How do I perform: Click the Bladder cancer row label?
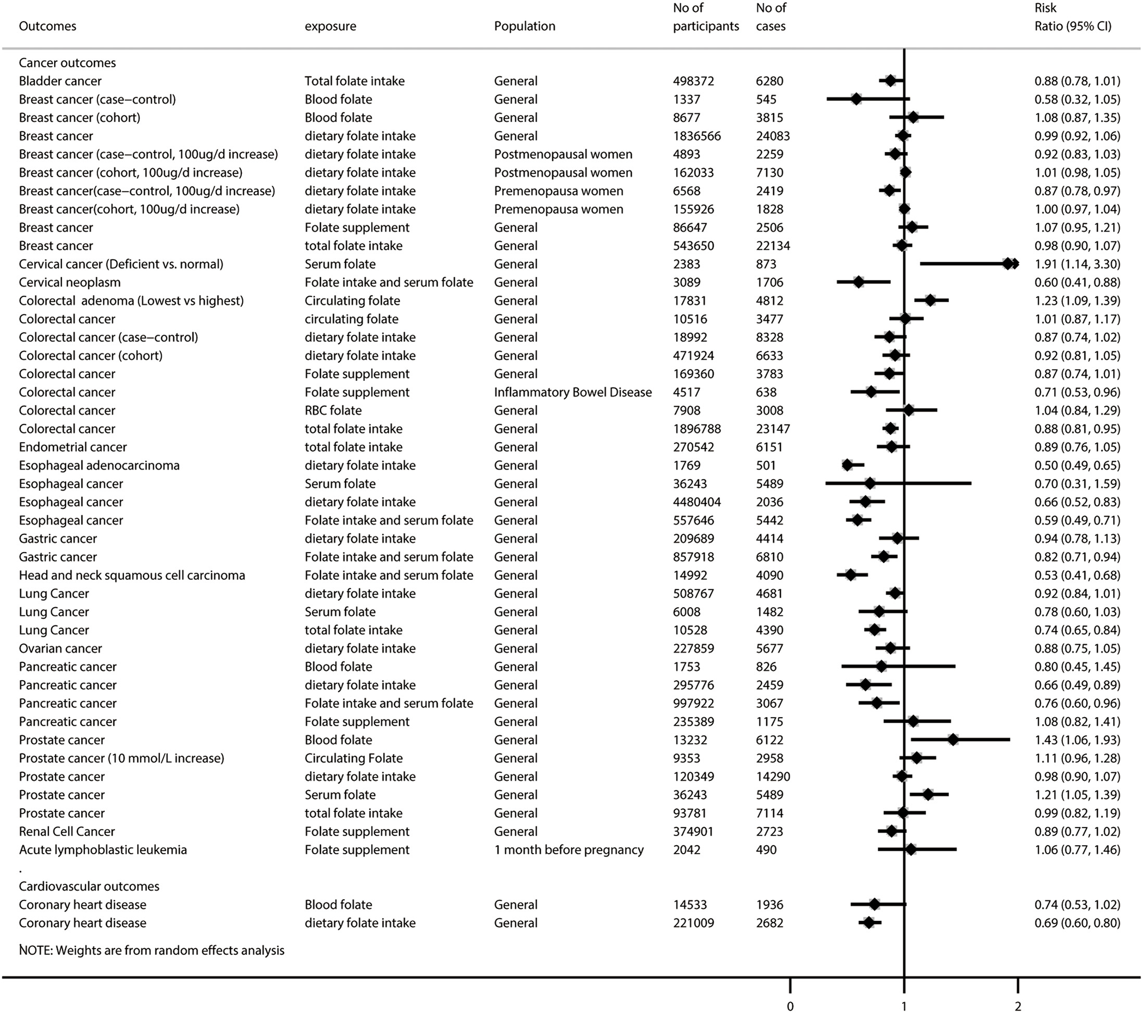(60, 81)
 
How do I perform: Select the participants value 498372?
(693, 81)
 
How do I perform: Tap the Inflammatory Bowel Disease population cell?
(573, 392)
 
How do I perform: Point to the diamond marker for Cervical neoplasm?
(858, 282)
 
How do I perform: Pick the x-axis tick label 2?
(1018, 1006)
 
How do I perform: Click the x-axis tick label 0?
(790, 1006)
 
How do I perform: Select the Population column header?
(524, 26)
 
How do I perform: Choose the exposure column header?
(330, 26)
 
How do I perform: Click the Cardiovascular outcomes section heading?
(89, 886)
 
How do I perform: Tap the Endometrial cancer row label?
(73, 447)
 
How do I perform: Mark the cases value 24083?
(772, 136)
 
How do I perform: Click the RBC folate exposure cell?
(333, 410)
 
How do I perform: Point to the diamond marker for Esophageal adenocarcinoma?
(848, 465)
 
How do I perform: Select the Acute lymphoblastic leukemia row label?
(102, 850)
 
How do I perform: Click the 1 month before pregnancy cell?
(569, 850)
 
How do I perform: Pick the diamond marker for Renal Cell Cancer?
(891, 831)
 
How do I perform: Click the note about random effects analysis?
(151, 950)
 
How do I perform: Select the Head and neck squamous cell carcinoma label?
(132, 575)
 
